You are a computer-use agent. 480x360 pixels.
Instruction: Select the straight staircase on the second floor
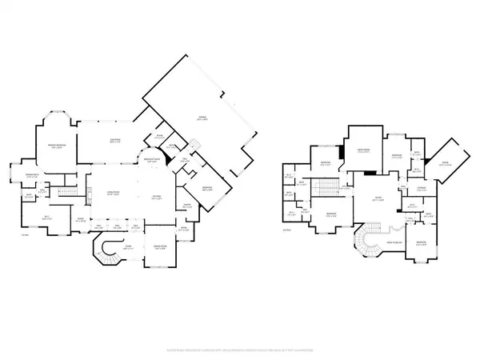[x=329, y=190]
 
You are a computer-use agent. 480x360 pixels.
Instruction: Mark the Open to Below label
[x=393, y=242]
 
